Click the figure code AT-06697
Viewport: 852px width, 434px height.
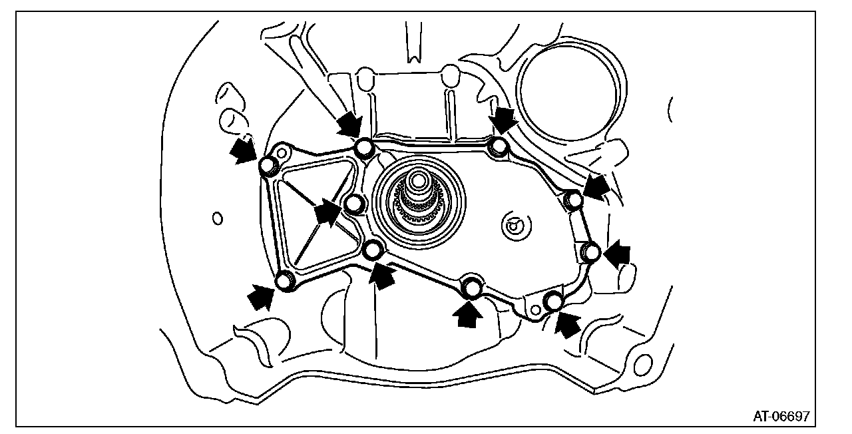[x=781, y=417]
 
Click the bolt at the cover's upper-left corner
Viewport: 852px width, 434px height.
[x=268, y=166]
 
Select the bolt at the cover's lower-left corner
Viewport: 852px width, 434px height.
[x=286, y=282]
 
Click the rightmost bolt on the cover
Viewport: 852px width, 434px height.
[x=590, y=252]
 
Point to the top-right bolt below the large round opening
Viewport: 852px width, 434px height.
[x=498, y=147]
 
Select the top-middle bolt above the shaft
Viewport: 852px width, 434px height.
[x=363, y=148]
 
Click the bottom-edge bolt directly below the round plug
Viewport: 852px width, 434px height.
[x=473, y=288]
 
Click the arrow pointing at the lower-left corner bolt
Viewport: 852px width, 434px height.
[x=261, y=296]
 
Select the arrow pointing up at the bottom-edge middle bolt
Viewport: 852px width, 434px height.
[x=469, y=313]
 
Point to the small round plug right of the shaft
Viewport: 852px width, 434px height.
[x=514, y=227]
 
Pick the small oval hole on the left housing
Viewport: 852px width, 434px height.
[x=216, y=218]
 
